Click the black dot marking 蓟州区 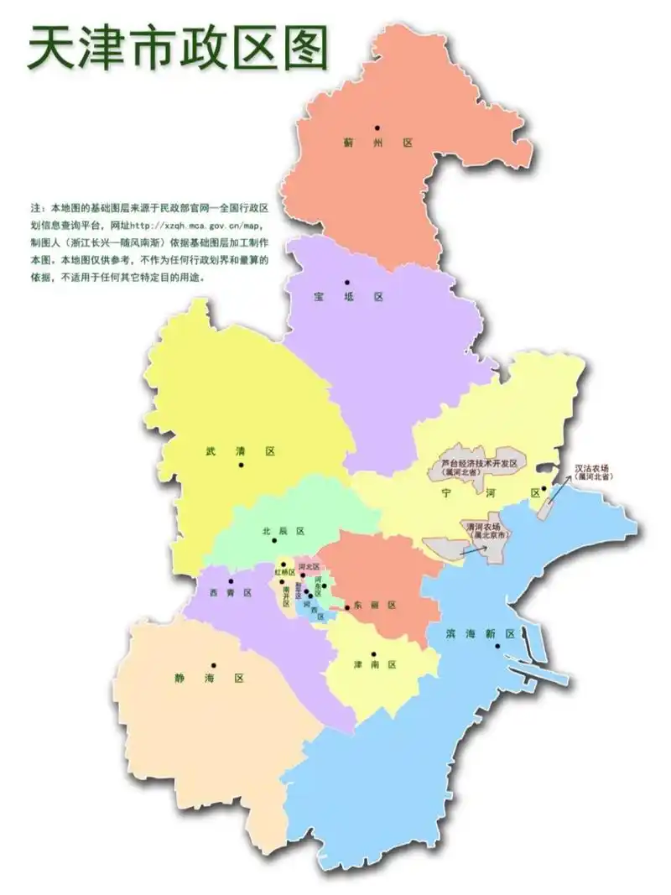coord(377,127)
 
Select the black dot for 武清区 coord(241,464)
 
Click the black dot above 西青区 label coord(231,580)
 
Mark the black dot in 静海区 coord(214,665)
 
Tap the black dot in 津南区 coord(374,653)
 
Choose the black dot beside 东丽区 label coord(347,606)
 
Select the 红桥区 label coord(285,572)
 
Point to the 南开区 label coord(286,593)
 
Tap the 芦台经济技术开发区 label coord(482,463)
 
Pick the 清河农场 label coord(486,527)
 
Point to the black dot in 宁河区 coord(544,489)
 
